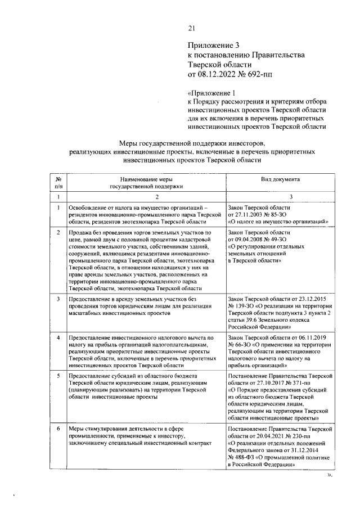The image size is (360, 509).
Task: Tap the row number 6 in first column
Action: (x=58, y=428)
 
